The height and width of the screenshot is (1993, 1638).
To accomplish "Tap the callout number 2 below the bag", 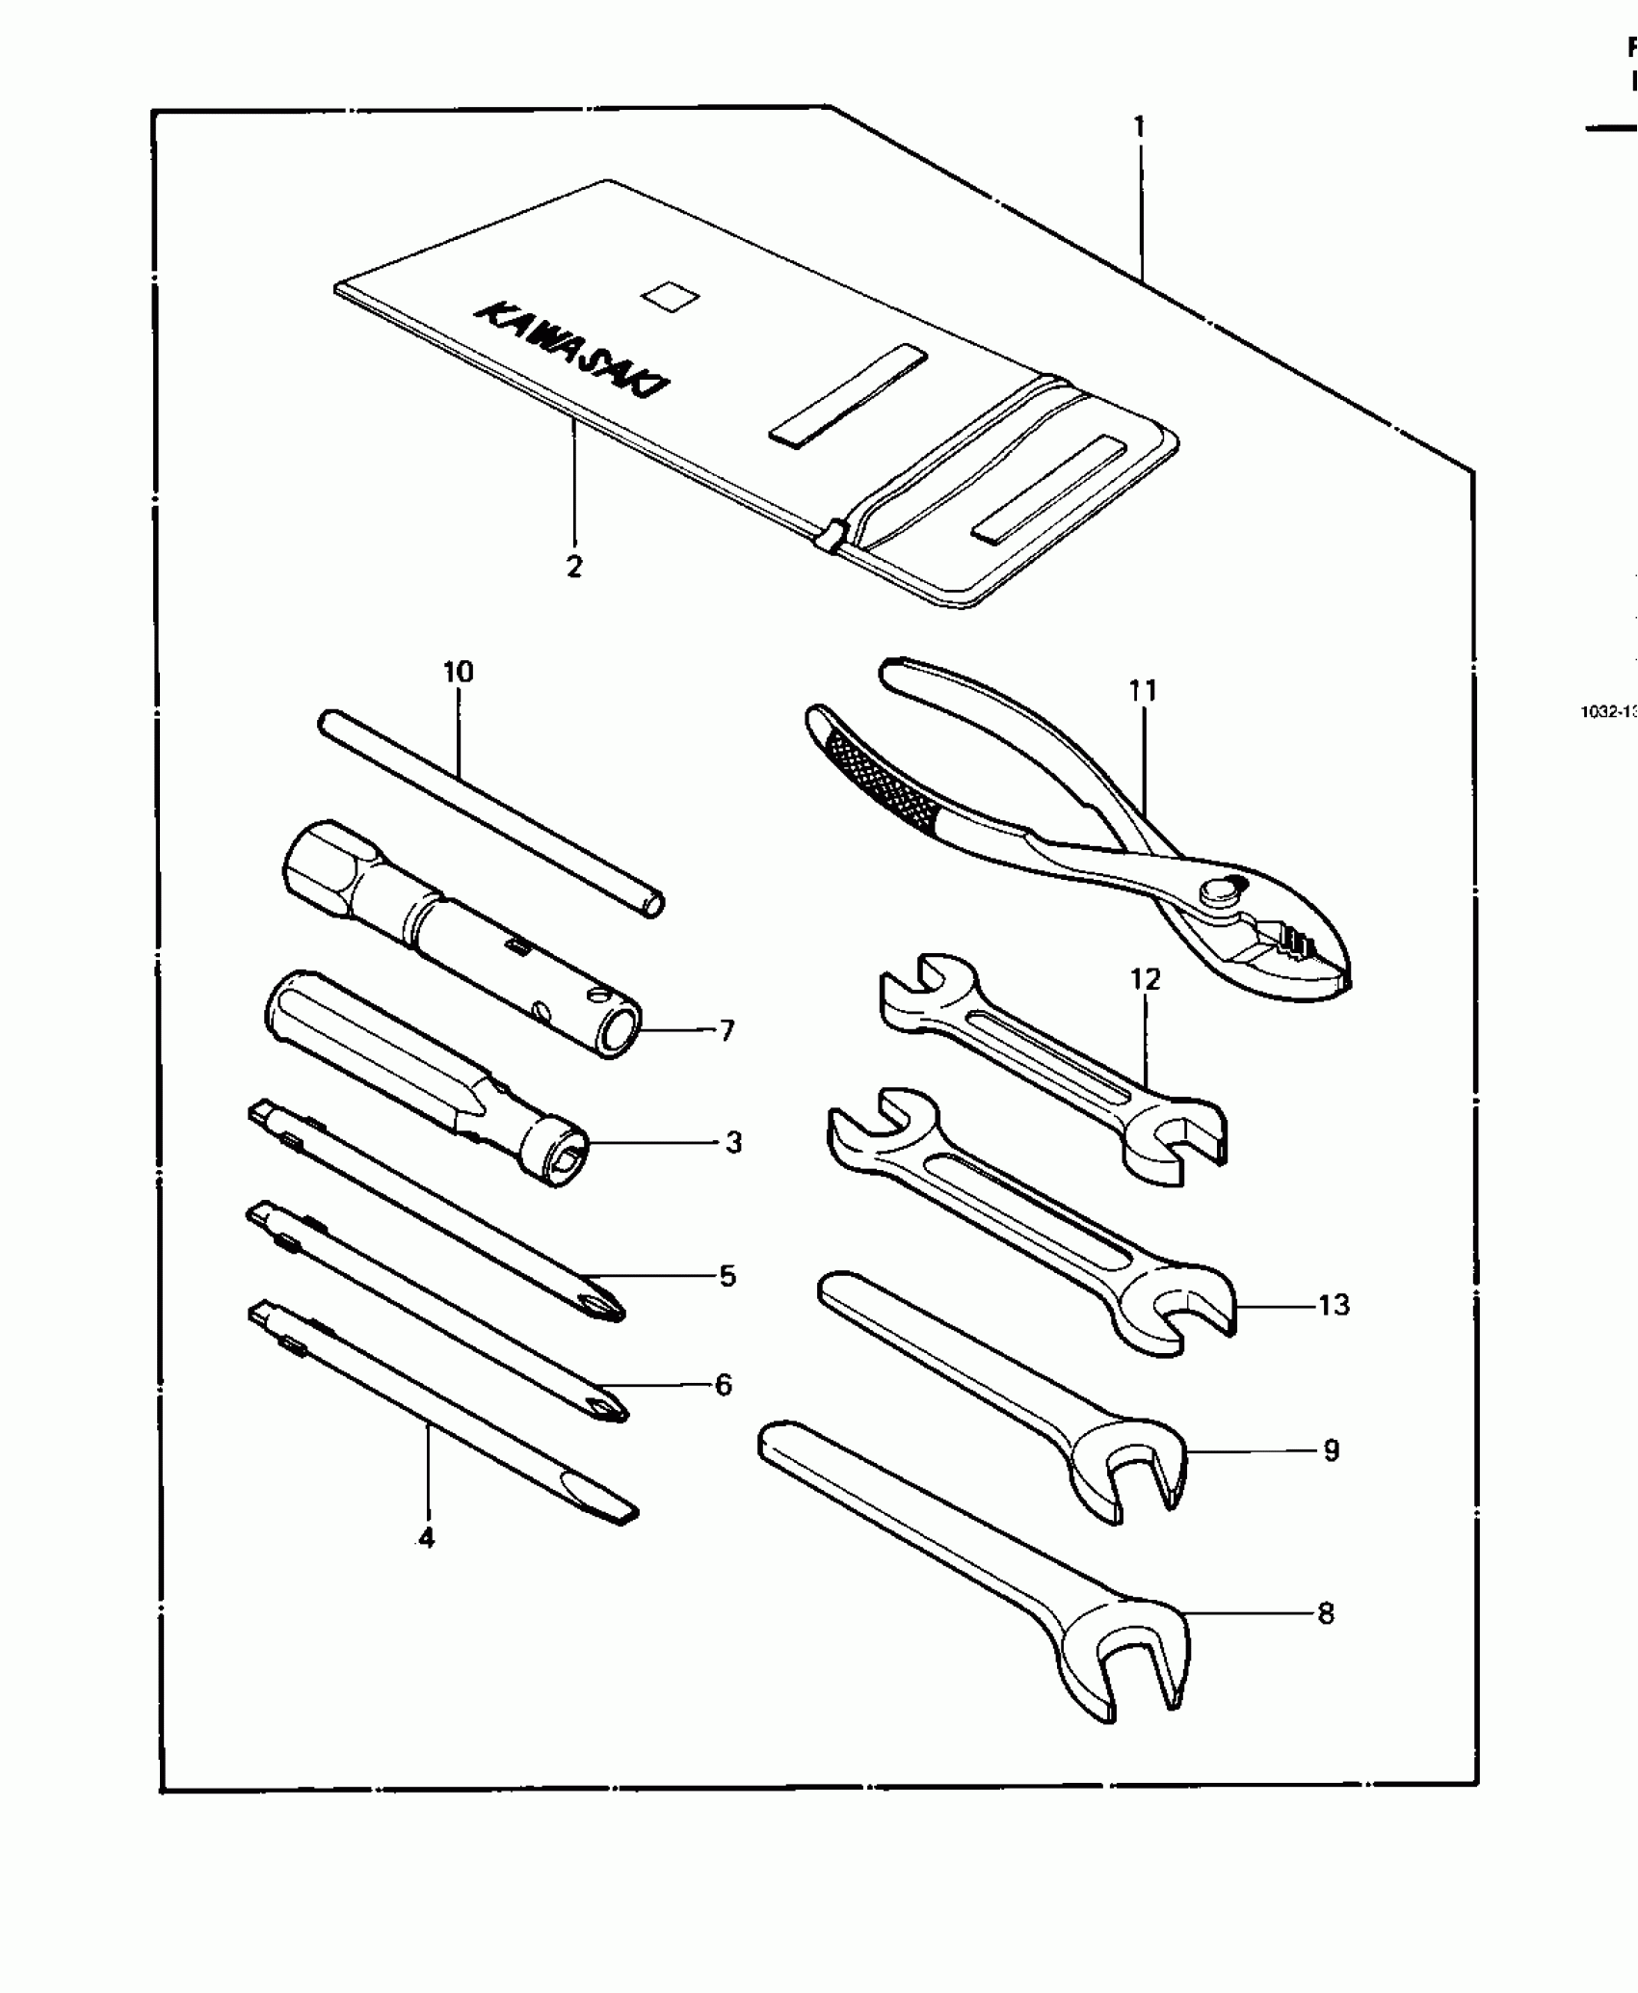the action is click(x=574, y=568).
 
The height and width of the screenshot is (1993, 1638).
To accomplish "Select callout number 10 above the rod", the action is click(x=459, y=672).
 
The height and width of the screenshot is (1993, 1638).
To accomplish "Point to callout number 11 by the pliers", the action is click(x=1142, y=690).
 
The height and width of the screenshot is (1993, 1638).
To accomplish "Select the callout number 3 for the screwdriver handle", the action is click(x=733, y=1143).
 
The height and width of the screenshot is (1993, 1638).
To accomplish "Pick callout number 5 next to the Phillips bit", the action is click(x=727, y=1276).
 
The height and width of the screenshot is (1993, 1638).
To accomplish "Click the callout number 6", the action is click(x=724, y=1385).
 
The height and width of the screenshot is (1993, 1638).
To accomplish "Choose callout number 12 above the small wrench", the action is click(x=1145, y=979).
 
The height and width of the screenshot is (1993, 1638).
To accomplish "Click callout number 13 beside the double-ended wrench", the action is click(x=1334, y=1306).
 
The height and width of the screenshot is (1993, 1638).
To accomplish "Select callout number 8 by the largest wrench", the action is click(x=1326, y=1613).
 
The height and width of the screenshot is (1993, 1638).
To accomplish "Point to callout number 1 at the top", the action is click(x=1139, y=126).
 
